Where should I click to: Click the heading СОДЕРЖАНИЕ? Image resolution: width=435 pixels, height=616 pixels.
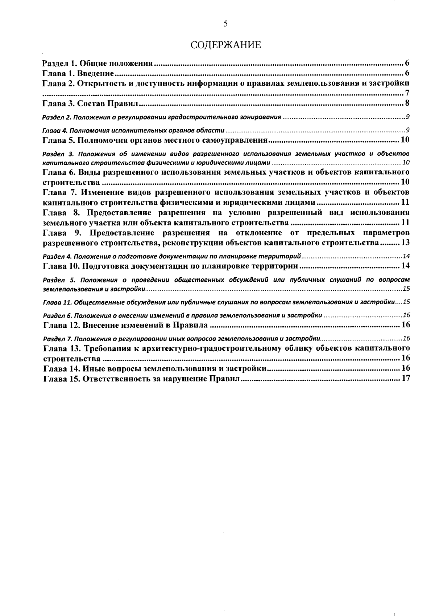click(x=225, y=45)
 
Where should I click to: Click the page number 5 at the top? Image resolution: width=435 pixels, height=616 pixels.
click(x=226, y=24)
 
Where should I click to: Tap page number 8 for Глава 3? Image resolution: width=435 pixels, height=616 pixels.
click(x=407, y=103)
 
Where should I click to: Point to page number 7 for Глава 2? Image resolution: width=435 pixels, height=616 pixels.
click(x=407, y=94)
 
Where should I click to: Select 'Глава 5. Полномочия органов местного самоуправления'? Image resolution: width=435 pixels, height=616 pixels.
click(x=155, y=140)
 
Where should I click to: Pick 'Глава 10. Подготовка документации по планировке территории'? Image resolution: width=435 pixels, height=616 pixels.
click(x=170, y=266)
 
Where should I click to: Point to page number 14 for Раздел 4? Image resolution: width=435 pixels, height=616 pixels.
click(x=406, y=256)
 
